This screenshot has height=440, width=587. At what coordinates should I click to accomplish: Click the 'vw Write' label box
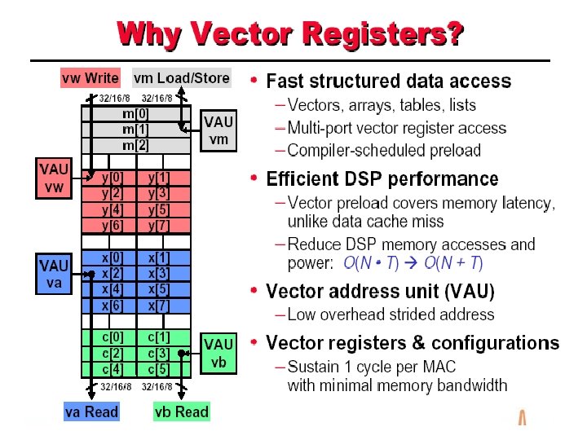90,78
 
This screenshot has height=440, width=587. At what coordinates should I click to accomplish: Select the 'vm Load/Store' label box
182,78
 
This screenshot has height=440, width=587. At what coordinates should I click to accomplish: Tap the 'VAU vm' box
218,131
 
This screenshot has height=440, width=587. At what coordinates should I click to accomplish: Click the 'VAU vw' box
55,179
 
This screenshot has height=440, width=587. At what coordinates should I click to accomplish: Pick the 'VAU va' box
55,274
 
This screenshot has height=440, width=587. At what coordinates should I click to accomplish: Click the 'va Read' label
91,412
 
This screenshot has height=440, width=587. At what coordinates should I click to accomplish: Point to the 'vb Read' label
181,412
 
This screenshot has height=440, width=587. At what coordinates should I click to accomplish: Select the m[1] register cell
136,129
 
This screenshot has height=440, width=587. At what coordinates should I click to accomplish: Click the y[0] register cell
113,177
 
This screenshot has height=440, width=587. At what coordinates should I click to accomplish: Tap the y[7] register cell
159,224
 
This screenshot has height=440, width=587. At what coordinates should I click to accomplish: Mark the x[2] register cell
113,273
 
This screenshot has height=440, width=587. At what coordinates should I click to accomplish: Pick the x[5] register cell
159,288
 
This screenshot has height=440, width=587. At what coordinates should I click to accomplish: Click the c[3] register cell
159,352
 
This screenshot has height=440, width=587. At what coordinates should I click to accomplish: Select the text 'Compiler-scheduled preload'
384,150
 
